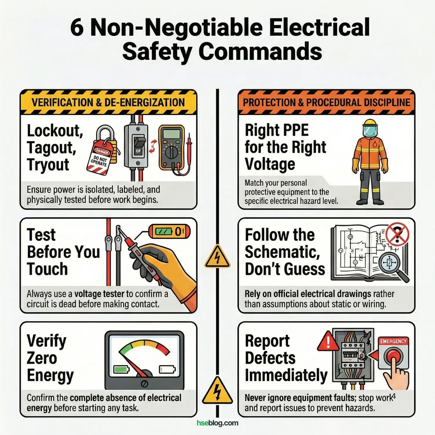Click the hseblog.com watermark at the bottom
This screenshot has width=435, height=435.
(217, 423)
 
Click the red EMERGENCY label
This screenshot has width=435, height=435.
(394, 341)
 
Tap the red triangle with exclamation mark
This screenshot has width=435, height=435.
(328, 341)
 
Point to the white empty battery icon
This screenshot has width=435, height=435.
(167, 369)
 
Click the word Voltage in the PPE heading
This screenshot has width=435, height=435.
(270, 164)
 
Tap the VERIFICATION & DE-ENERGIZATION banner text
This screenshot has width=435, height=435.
(108, 102)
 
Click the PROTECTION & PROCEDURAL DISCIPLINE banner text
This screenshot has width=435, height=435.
(327, 102)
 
